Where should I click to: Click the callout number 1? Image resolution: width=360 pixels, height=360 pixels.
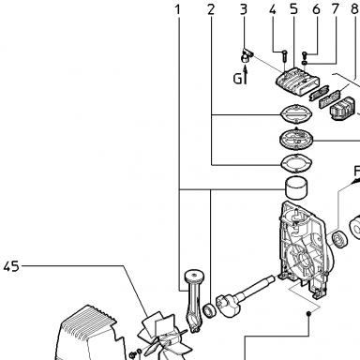[178, 10]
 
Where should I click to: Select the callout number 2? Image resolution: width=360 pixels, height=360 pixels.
[211, 10]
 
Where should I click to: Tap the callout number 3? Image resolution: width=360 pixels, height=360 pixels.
[244, 9]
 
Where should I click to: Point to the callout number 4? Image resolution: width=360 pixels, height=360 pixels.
[273, 9]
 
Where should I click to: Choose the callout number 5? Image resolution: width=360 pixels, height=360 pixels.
[293, 9]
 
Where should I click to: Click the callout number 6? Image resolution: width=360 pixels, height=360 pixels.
[316, 9]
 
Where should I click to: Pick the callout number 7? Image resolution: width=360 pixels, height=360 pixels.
[336, 9]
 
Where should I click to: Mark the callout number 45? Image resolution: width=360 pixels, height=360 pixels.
[11, 267]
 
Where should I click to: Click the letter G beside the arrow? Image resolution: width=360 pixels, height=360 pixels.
[238, 78]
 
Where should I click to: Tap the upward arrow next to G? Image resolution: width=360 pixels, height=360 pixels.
[245, 76]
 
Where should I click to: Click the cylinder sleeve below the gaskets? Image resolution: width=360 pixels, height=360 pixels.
[296, 188]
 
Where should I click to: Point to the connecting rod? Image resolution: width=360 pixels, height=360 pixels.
[194, 300]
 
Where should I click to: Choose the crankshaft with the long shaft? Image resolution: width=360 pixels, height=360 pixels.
[246, 296]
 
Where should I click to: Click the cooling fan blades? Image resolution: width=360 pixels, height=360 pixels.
[162, 337]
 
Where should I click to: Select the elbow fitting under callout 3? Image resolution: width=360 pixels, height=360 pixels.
[247, 55]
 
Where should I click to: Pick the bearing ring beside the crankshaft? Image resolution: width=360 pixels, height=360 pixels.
[209, 310]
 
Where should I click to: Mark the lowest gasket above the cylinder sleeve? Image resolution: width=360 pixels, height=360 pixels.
[296, 163]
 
